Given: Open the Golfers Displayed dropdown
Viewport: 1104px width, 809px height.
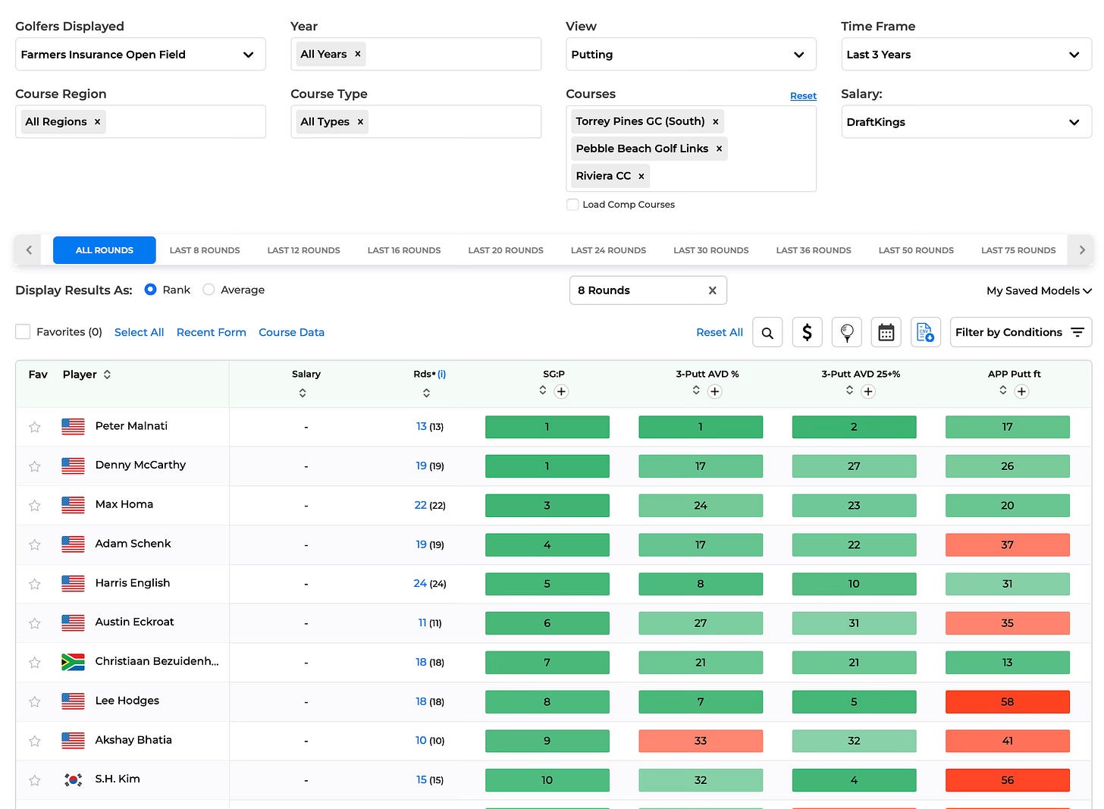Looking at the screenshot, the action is pos(140,54).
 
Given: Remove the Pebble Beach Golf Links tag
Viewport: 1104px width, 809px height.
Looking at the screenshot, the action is pos(719,149).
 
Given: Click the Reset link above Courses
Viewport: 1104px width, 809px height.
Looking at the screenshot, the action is pos(803,96).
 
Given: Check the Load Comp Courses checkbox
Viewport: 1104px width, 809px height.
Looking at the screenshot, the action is pos(572,205).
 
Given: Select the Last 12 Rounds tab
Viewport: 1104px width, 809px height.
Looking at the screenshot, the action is pos(303,250).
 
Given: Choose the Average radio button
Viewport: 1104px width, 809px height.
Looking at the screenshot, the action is pos(209,290).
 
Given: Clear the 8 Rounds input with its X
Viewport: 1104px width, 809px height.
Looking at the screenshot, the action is pos(712,290).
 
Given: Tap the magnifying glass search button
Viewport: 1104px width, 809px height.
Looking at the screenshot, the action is pos(767,333).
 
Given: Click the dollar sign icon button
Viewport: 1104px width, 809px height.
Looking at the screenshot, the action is pos(807,333).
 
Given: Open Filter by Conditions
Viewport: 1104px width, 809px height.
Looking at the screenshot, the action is pos(1021,333).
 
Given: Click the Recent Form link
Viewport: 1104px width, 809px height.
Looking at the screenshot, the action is pos(212,333).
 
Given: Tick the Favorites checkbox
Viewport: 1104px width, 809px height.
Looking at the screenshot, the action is pos(23,332).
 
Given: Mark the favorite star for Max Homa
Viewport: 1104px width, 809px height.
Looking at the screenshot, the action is pos(35,506).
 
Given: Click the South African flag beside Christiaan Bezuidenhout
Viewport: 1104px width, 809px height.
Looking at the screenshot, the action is pos(73,662).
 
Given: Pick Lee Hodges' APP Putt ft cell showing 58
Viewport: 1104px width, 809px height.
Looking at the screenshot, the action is pos(1008,701).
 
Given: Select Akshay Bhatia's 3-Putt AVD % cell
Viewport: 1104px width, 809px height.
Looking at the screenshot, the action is pos(701,741).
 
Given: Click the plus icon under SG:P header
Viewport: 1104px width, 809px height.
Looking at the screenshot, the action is pos(561,392).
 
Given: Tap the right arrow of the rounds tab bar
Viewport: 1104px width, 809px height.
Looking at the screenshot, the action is pos(1081,250).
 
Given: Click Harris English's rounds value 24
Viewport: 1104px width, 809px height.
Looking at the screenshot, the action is pos(420,584).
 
